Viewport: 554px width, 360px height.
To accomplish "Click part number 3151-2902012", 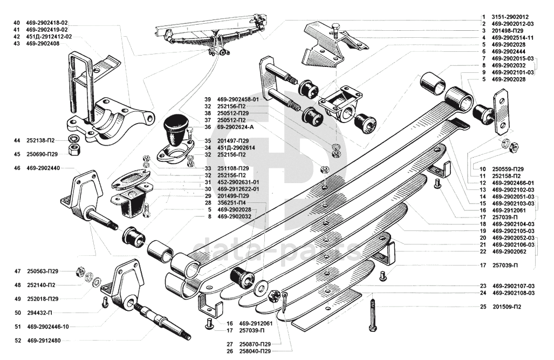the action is click(509, 17).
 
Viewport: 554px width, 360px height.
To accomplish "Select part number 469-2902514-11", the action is click(512, 38).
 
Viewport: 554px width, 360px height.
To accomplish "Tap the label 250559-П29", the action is click(508, 169).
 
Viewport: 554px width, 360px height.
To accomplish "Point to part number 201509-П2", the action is click(507, 307).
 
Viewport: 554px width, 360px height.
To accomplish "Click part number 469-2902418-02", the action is click(46, 23).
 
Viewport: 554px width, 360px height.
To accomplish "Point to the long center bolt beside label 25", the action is click(372, 315).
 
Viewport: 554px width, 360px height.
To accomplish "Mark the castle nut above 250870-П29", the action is click(274, 296).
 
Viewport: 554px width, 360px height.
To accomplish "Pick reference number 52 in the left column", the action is click(18, 341).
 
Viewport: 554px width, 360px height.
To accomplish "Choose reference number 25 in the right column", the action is click(483, 307).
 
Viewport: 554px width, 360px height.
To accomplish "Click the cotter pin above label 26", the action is click(286, 302).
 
